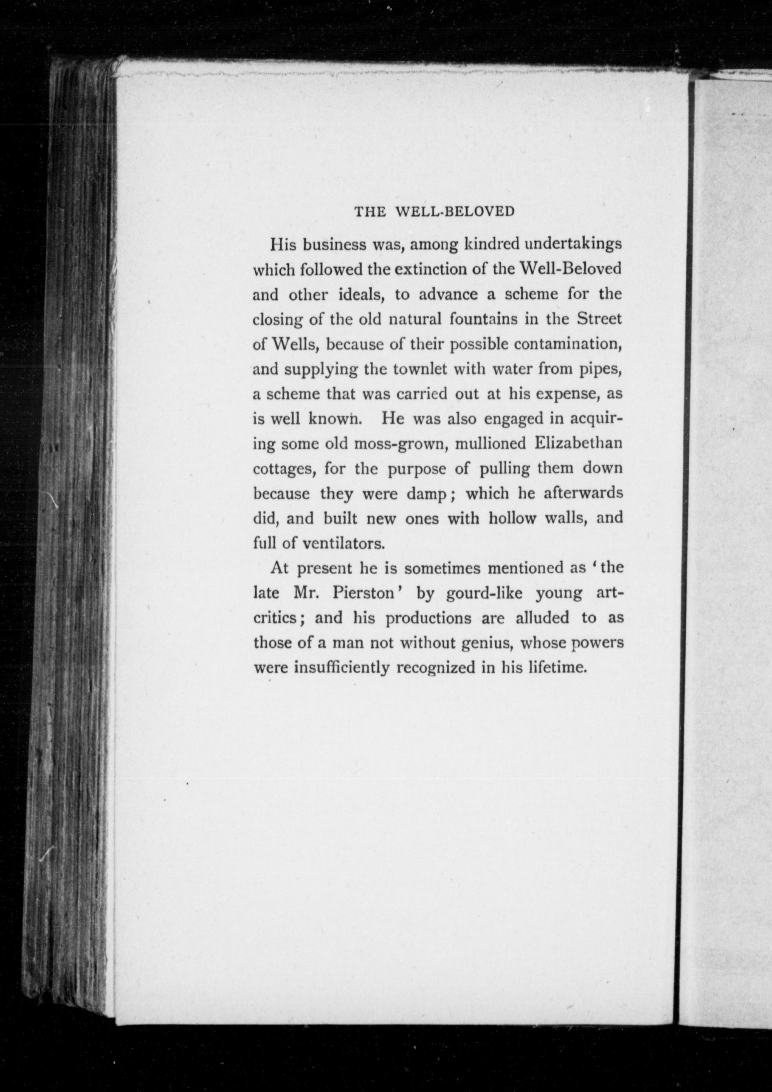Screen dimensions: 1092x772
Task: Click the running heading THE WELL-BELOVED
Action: (434, 212)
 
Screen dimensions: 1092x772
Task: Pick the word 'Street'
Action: (599, 318)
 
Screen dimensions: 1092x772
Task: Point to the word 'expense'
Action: (566, 394)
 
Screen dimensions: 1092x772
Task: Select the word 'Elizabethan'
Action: (577, 443)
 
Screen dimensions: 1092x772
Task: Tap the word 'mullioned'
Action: (490, 443)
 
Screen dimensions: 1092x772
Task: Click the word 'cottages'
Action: (284, 469)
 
